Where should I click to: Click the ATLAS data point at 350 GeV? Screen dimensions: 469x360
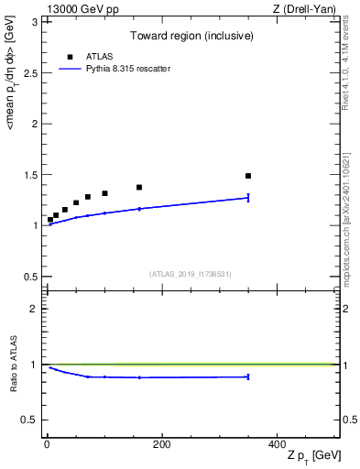(248, 175)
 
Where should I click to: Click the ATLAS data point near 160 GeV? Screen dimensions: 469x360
(139, 187)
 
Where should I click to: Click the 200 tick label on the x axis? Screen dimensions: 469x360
(161, 444)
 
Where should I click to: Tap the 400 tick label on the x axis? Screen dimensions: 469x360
(277, 444)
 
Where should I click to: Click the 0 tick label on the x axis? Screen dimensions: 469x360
(47, 444)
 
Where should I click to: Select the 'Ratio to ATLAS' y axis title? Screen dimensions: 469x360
(13, 364)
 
